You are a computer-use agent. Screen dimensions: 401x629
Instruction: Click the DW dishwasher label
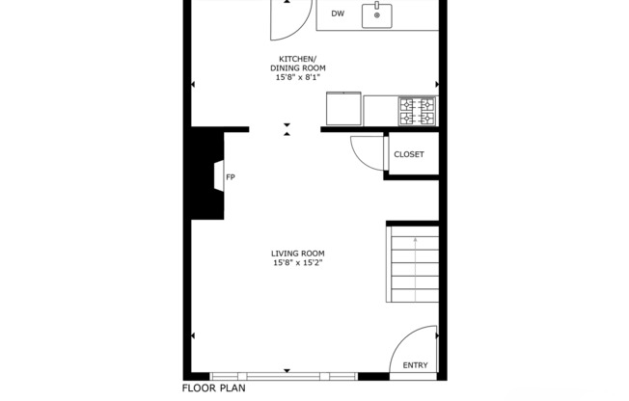point(338,13)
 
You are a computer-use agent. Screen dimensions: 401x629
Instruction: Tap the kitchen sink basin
point(376,15)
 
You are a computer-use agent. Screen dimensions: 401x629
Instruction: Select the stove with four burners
point(418,111)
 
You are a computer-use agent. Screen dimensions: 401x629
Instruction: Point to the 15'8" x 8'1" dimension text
point(296,78)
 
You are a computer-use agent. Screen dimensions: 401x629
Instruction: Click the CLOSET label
point(409,154)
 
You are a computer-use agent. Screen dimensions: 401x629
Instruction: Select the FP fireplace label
point(231,177)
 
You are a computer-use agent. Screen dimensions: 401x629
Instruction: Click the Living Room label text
point(296,253)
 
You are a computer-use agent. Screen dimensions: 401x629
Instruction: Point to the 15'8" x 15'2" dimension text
point(296,262)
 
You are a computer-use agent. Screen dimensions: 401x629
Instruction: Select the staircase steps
point(413,265)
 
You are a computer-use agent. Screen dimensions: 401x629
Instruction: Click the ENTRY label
point(415,364)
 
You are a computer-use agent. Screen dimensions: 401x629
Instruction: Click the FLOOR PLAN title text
point(214,388)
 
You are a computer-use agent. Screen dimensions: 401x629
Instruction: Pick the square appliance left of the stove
point(342,108)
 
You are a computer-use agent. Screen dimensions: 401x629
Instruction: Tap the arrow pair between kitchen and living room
point(287,130)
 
